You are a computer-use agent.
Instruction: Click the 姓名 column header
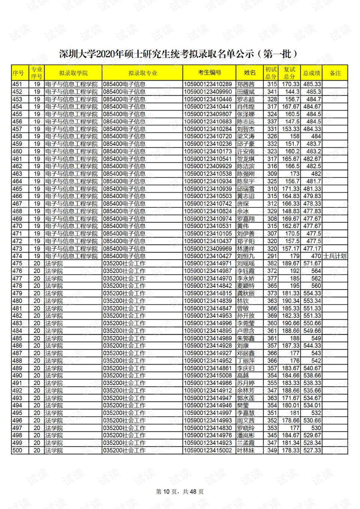pos(250,73)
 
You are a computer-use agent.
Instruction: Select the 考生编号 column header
pos(209,73)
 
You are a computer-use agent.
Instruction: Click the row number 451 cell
pos(17,84)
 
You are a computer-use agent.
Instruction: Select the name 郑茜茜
pos(246,84)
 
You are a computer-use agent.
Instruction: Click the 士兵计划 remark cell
pos(335,256)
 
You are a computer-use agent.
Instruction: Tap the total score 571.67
pos(312,264)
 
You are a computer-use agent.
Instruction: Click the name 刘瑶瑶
pos(246,264)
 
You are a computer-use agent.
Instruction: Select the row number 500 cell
pos(17,450)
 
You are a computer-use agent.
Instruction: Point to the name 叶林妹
pos(246,450)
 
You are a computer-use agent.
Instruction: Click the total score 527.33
pos(312,450)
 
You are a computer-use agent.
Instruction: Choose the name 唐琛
pos(243,204)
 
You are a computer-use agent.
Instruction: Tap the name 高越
pos(243,375)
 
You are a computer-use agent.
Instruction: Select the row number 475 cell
pos(17,264)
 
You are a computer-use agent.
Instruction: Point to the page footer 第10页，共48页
pos(180,491)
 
